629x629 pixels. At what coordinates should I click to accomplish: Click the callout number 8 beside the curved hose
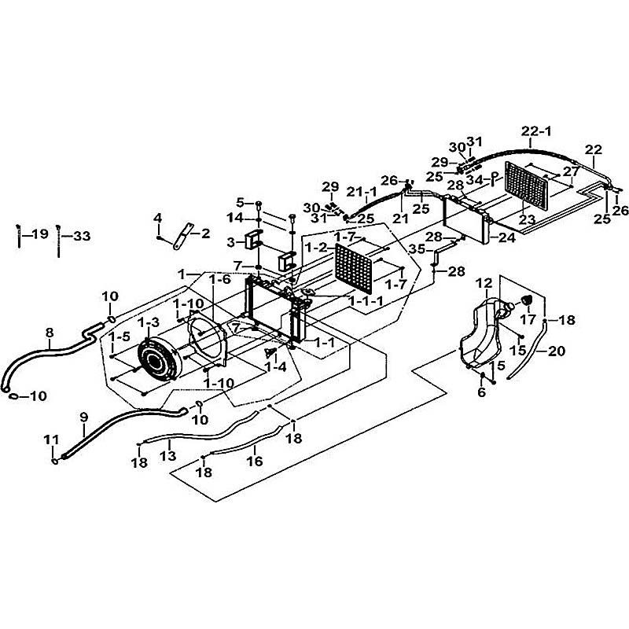coord(50,333)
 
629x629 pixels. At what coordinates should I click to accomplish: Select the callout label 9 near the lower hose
coord(84,417)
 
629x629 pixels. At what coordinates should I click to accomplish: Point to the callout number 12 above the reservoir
coord(484,282)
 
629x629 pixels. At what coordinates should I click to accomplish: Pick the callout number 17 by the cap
coord(527,320)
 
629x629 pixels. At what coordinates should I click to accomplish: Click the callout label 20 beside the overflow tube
coord(556,351)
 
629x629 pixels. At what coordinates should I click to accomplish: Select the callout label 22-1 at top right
coord(538,131)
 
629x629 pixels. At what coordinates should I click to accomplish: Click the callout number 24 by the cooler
coord(506,235)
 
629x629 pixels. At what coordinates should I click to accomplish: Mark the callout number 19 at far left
coord(39,234)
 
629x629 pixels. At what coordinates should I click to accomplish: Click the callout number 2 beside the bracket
coord(206,233)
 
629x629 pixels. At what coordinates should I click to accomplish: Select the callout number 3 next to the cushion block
coord(230,241)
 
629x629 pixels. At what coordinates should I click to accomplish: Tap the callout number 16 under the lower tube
coord(254,462)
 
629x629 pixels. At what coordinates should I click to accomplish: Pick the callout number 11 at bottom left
coord(51,439)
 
